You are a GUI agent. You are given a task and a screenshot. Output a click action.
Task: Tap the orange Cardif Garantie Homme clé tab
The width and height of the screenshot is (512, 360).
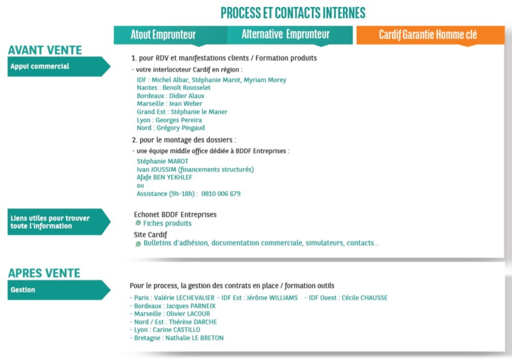pos(430,35)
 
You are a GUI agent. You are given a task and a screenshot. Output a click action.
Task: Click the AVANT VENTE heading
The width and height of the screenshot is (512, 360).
pos(45,50)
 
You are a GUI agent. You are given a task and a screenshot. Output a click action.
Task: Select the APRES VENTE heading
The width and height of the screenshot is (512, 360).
pos(44,273)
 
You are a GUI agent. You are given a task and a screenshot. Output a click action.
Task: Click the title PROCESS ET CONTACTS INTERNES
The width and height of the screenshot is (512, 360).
pos(293,13)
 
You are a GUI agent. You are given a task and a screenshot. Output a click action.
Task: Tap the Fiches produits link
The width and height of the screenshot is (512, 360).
pos(167,224)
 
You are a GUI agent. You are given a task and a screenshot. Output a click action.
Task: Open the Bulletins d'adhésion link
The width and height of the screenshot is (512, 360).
pos(261,243)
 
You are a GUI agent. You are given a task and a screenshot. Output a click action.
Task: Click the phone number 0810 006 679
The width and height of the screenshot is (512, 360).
pos(221,194)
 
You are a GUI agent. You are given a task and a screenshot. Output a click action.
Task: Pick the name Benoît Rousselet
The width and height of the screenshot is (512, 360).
pos(186,88)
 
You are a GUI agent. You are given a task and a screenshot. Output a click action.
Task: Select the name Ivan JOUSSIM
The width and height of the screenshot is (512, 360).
pos(156,169)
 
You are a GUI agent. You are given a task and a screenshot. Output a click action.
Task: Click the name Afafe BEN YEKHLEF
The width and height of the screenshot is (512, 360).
pos(165,177)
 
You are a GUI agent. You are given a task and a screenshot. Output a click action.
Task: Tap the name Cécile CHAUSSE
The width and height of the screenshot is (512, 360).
pos(364,298)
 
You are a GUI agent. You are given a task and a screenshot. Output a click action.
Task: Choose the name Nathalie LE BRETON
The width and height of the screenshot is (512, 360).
pos(195,338)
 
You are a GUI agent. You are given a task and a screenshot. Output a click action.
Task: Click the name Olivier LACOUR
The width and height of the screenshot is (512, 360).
pos(188,314)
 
